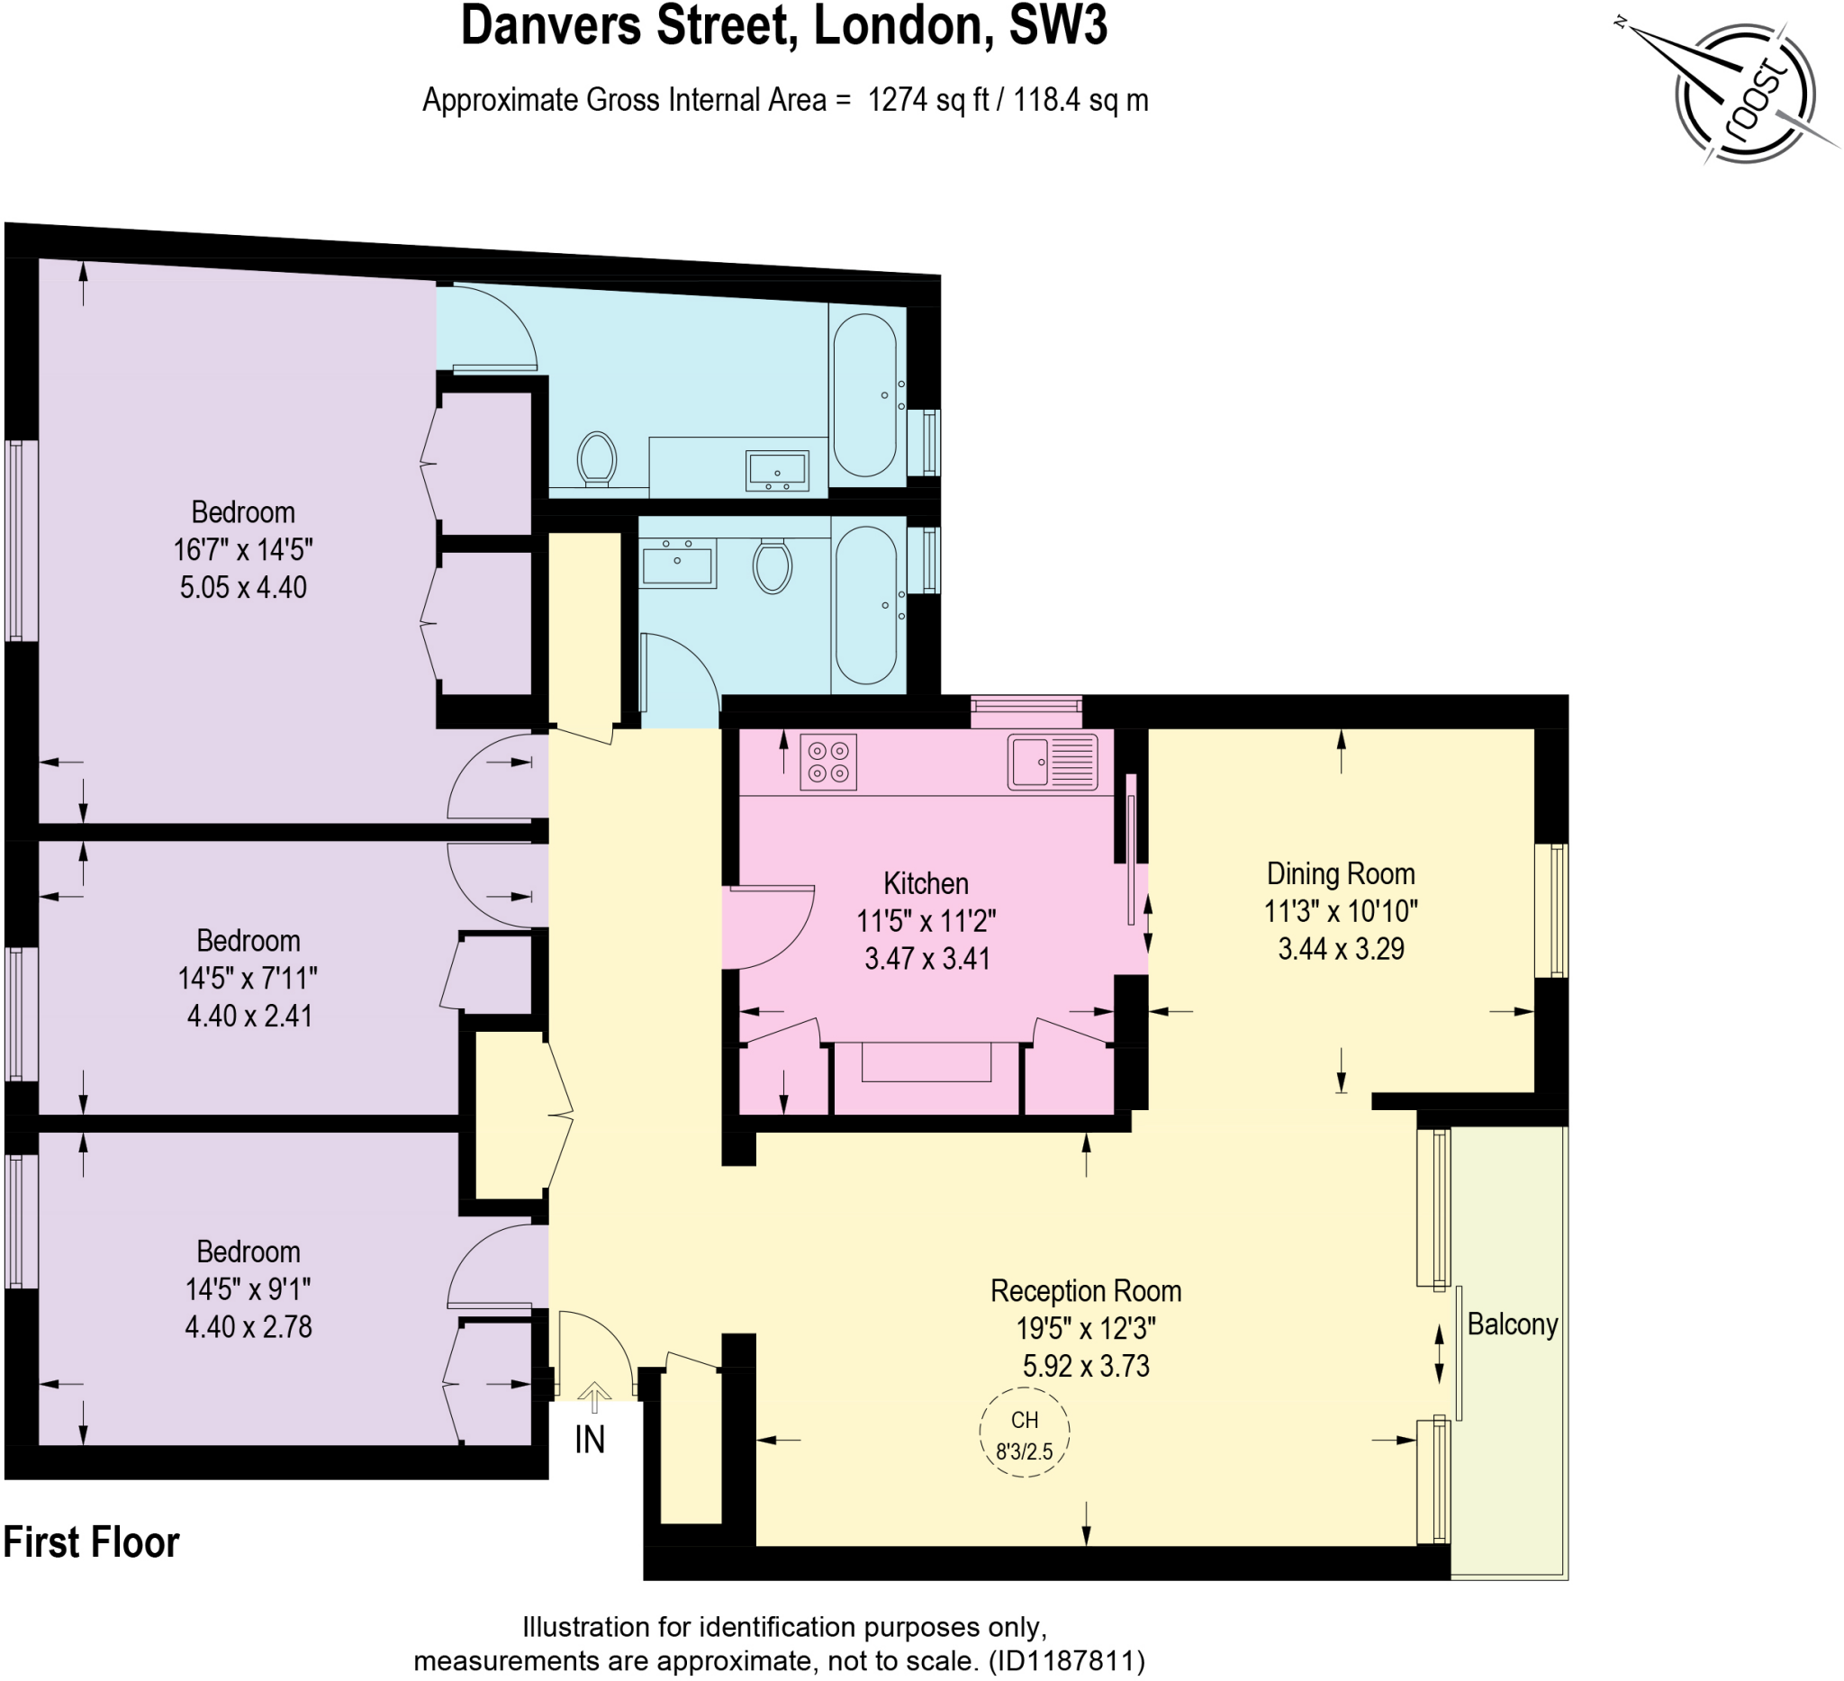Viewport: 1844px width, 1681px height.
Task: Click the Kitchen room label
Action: tap(926, 883)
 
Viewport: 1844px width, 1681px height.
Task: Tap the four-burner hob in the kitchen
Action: tap(828, 762)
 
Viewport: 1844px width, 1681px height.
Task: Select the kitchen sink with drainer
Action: tap(1053, 761)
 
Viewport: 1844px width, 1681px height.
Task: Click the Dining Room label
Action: tap(1341, 873)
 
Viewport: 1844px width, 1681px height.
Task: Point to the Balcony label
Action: tap(1512, 1324)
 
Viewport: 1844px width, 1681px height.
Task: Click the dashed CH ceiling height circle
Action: tap(1025, 1432)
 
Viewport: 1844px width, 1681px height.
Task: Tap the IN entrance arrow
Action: tap(593, 1397)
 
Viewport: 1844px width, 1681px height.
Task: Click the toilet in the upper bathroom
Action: tap(596, 458)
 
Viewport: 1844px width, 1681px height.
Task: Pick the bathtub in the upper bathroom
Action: tap(864, 395)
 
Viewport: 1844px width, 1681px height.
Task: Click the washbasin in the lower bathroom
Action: tap(677, 562)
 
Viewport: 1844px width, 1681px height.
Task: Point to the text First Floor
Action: tap(92, 1542)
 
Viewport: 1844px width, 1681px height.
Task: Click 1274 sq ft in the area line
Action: tap(928, 100)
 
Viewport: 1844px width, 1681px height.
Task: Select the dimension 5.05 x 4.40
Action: tap(243, 587)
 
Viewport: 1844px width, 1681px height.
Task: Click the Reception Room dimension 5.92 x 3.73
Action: tap(1086, 1366)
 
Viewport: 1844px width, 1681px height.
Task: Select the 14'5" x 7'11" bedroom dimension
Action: tap(248, 979)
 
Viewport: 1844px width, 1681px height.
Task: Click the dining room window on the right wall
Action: tap(1551, 910)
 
